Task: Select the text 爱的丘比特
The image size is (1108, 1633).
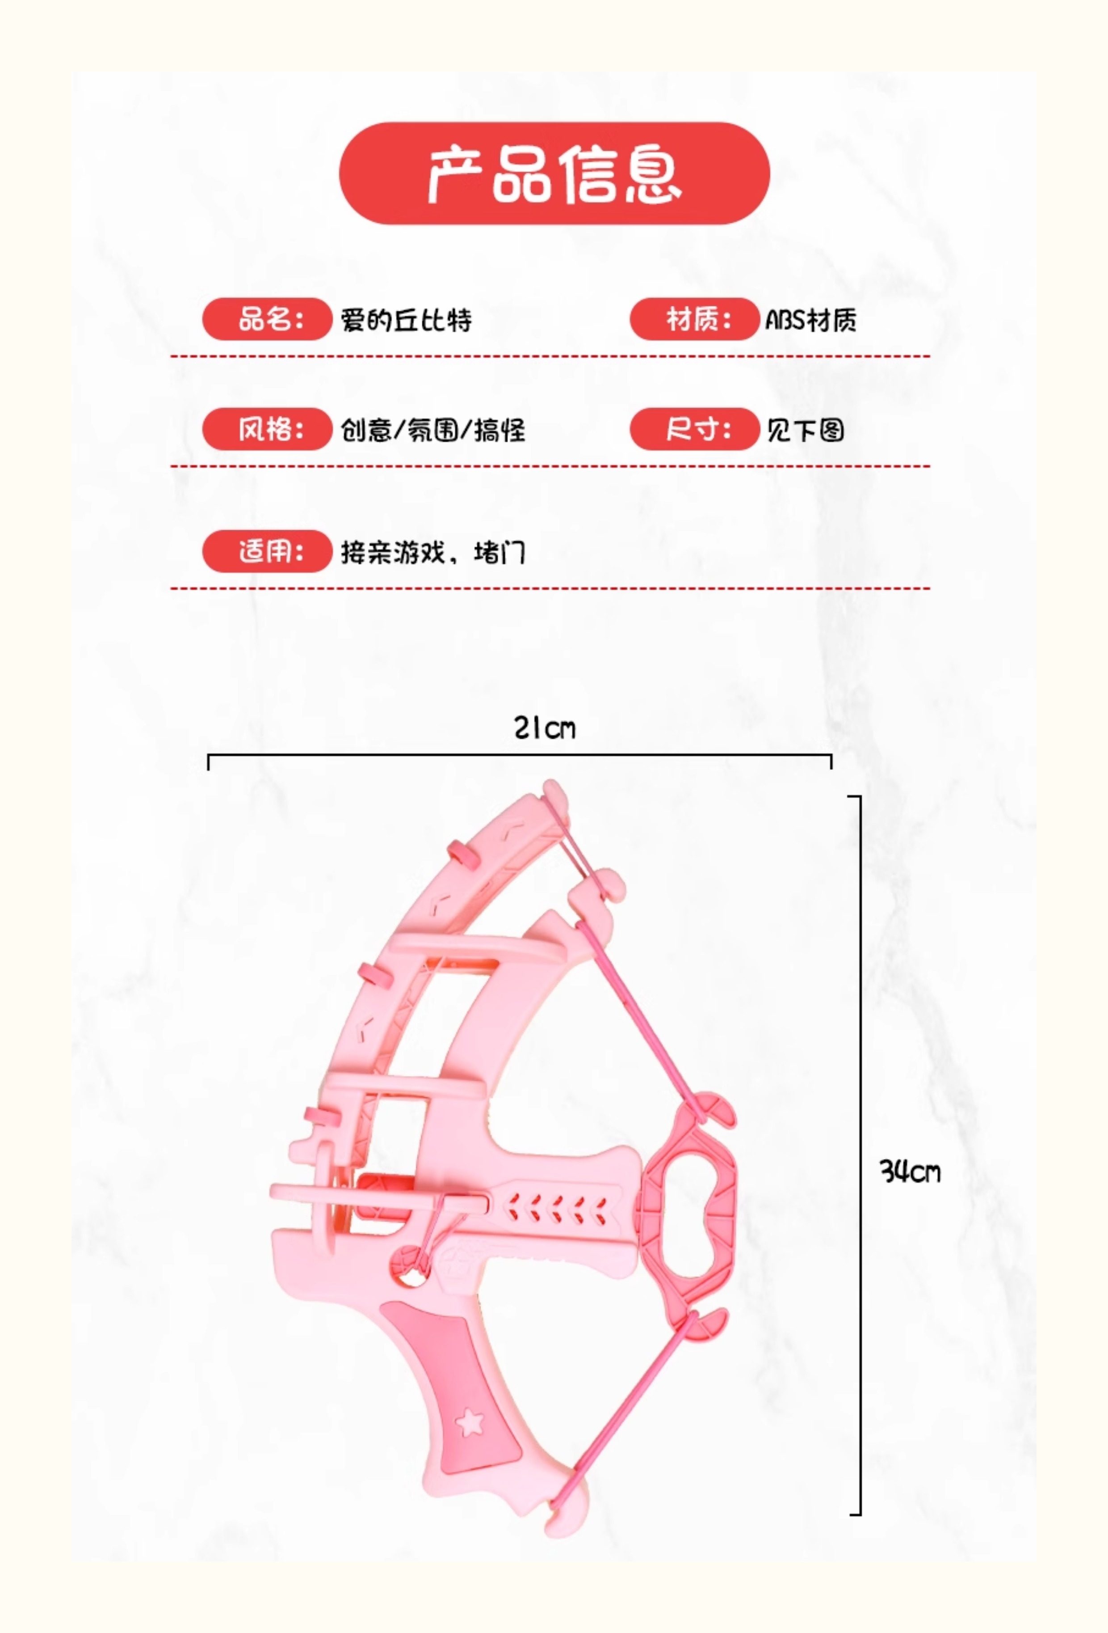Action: point(406,321)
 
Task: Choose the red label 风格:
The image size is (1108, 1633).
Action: point(267,429)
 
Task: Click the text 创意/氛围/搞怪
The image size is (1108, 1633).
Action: point(432,430)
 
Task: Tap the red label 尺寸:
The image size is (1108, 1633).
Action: point(694,429)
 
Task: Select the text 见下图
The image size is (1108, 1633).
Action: point(805,430)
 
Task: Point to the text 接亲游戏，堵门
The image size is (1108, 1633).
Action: point(432,552)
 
